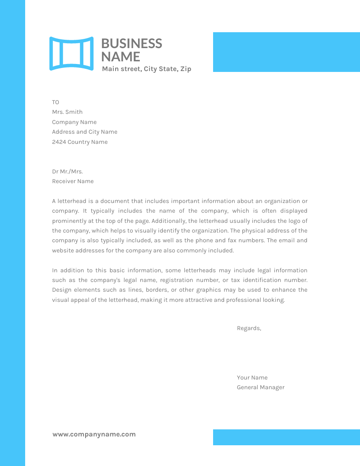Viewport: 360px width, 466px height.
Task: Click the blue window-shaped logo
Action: (71, 53)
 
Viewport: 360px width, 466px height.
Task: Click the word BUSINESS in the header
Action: (131, 43)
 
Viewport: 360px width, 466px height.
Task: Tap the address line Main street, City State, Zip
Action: (146, 69)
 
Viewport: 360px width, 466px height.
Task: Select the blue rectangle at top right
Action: (286, 52)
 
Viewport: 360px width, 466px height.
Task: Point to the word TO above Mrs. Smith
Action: (56, 102)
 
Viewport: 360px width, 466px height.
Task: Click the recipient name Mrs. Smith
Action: (67, 112)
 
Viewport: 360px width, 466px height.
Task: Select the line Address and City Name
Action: (85, 132)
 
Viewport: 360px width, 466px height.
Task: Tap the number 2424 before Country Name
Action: (59, 142)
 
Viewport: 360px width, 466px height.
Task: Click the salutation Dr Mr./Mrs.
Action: (67, 172)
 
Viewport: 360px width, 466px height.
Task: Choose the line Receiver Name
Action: (73, 181)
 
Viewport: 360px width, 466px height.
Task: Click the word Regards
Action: (249, 328)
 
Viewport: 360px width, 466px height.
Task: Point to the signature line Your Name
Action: (252, 378)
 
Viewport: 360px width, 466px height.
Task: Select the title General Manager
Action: (260, 387)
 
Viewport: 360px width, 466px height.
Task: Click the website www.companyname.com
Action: (94, 434)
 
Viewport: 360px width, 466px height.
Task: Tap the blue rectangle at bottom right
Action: (286, 437)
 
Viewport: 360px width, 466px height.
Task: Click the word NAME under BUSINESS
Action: (120, 56)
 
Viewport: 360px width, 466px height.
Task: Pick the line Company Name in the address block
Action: (74, 122)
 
